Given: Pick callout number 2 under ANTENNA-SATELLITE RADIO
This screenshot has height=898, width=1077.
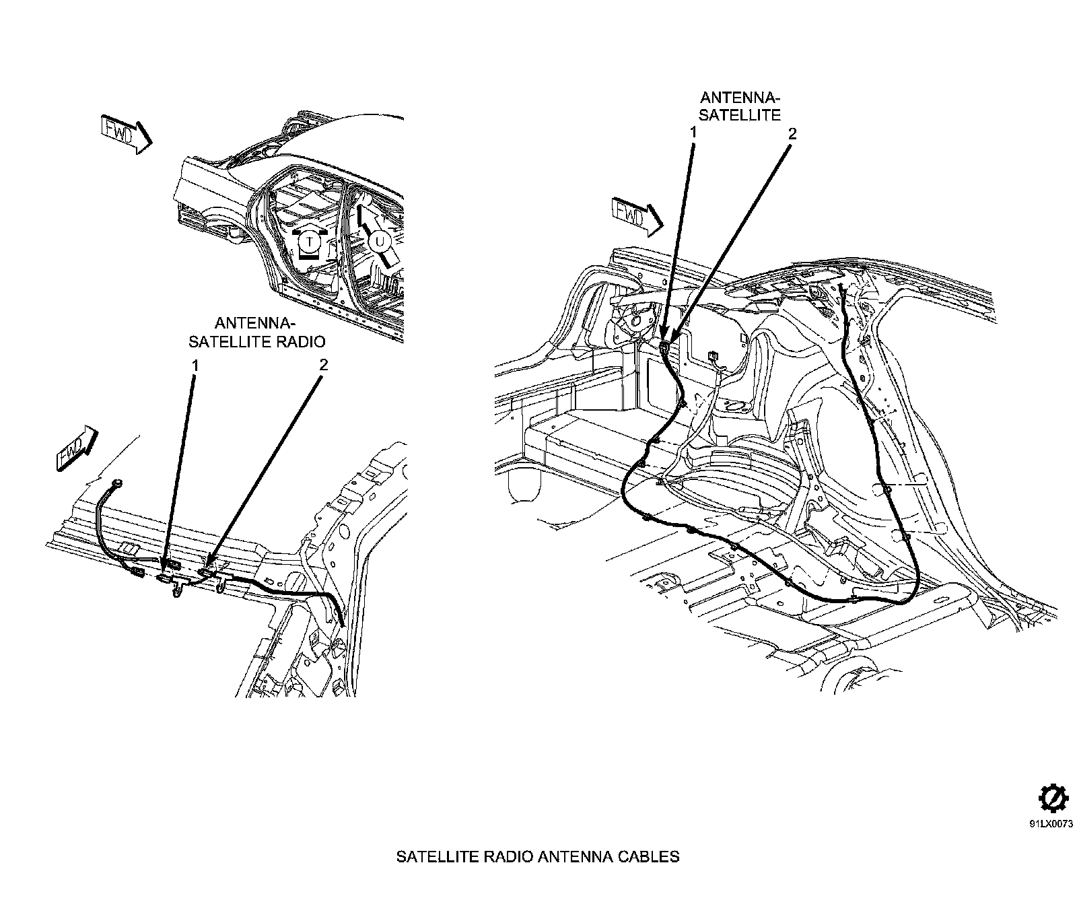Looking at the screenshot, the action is point(323,365).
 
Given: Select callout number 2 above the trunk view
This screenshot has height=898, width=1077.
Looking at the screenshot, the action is point(792,133).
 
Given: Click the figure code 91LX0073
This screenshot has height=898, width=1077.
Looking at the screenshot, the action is point(1050,823).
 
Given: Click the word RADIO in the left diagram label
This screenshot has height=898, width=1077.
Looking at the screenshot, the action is point(303,341).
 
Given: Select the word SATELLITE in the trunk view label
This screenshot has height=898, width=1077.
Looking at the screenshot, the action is point(740,115).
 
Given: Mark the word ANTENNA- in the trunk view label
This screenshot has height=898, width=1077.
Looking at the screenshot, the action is point(740,98).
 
